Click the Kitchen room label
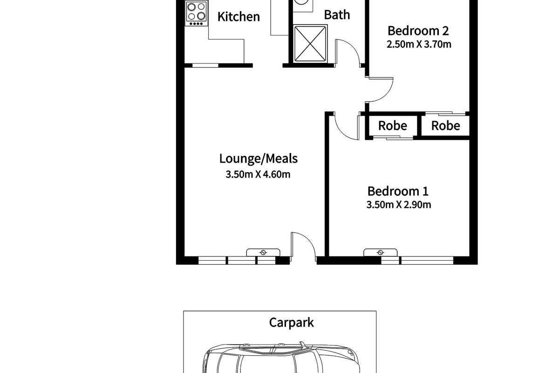pos(239,17)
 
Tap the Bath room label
pos(337,15)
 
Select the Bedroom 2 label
pos(418,31)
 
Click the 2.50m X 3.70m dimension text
pos(419,44)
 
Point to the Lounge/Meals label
pos(258,159)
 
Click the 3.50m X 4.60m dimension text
pos(258,174)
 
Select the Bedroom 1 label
pos(398,191)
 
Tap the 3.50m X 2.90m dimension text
pos(399,205)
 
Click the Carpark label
pos(291,323)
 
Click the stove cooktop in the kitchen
pos(197,13)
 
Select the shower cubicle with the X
pos(310,43)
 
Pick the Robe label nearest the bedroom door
pos(393,126)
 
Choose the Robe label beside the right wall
pos(446,126)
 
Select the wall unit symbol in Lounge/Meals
pos(263,252)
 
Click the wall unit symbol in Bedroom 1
pos(380,252)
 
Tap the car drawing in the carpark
pos(281,359)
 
